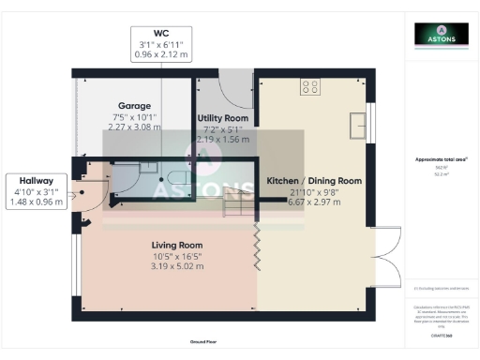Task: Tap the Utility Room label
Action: [x=223, y=117]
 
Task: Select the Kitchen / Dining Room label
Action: [x=314, y=180]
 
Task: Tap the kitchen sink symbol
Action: [x=358, y=124]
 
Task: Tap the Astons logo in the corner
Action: [x=442, y=37]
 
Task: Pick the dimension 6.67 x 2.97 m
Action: [x=314, y=202]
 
